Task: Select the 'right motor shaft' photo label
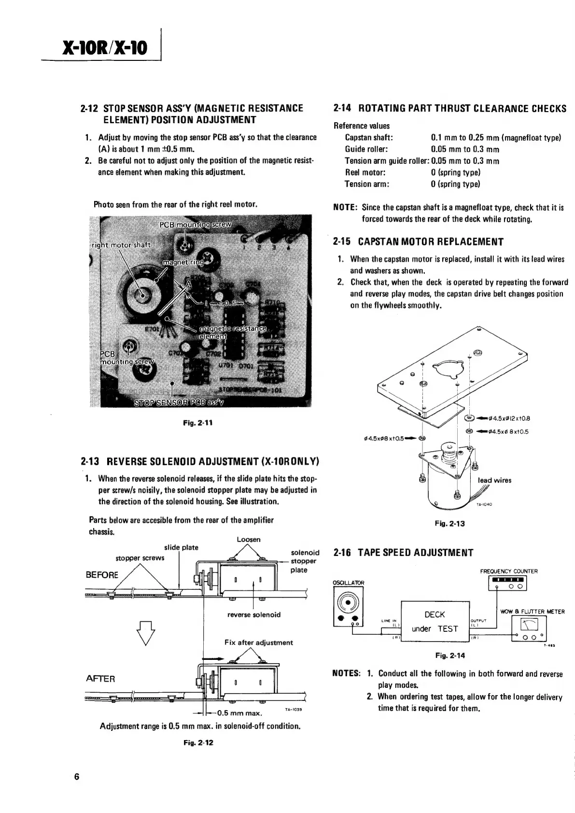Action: [x=121, y=244]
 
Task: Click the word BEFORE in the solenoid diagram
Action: [x=102, y=575]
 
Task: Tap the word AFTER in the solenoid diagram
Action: [x=100, y=679]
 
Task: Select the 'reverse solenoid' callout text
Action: [x=254, y=615]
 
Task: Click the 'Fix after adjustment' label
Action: [x=259, y=642]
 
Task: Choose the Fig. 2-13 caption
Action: [x=450, y=523]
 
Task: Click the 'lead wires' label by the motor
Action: [x=494, y=480]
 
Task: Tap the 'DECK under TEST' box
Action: [x=435, y=621]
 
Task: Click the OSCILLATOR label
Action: [x=349, y=583]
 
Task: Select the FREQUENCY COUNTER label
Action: [x=509, y=571]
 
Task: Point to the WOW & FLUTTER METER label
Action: [x=533, y=612]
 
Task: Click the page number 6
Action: [x=77, y=777]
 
